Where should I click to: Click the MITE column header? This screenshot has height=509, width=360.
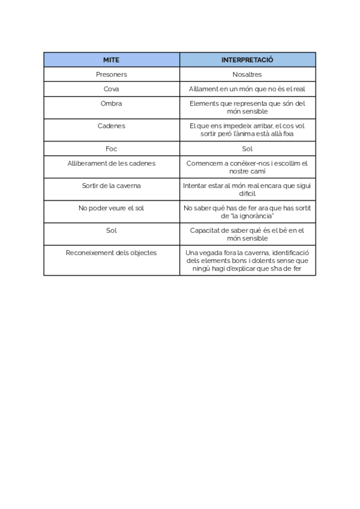pos(111,60)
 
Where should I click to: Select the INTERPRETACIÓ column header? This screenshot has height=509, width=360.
pos(247,60)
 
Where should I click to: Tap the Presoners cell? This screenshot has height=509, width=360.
pos(111,74)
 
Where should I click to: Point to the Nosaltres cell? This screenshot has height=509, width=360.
pos(247,74)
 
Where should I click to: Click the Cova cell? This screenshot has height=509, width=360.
pos(111,89)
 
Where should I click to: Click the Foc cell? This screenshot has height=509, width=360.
pos(111,148)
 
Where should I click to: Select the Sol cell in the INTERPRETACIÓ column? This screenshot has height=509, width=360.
pos(247,148)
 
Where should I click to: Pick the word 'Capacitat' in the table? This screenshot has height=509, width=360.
pos(205,230)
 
